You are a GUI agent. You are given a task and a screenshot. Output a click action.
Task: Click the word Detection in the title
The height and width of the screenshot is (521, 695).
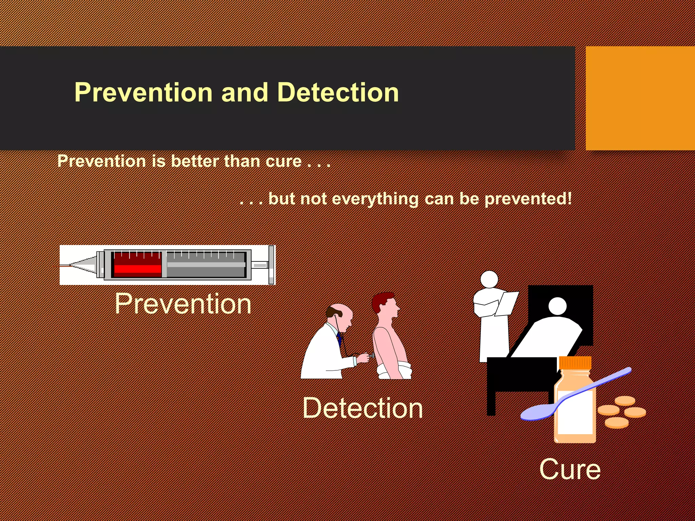338,92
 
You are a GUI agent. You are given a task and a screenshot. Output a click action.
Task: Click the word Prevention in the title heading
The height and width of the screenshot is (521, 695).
143,92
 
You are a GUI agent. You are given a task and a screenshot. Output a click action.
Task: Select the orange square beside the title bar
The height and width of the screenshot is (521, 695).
640,98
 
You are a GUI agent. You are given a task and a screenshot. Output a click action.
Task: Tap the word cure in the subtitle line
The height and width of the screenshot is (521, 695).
283,161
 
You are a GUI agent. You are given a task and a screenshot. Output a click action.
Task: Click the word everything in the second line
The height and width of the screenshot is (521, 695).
375,199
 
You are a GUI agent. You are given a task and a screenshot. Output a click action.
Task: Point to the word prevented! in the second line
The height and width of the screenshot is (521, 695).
528,199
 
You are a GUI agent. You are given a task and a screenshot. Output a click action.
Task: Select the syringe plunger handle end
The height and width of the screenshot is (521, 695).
271,265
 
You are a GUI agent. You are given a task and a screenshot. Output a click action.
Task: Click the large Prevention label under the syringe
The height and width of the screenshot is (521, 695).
183,304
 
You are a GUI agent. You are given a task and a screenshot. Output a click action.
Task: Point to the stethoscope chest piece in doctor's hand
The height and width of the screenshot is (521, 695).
373,355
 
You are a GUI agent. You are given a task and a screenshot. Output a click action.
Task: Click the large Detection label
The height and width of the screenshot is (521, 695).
362,408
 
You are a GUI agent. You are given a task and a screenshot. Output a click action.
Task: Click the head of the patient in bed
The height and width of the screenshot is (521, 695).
558,306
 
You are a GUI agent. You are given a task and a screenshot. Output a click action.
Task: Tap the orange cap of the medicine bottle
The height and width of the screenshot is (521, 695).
575,363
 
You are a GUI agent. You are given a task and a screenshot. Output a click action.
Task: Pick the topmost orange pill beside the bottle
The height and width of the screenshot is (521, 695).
625,401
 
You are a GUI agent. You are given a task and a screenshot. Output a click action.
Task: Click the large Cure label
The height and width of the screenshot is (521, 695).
570,469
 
